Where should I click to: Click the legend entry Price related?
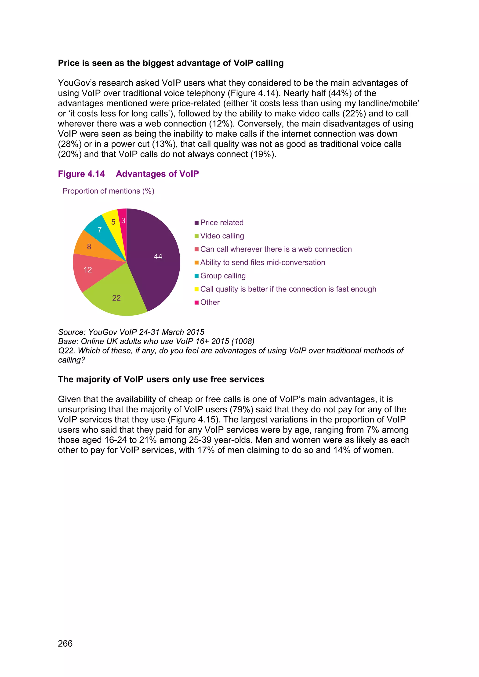221,223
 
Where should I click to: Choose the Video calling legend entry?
222,236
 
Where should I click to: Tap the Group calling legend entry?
223,276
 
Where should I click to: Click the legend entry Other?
210,302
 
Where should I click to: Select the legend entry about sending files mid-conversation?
262,263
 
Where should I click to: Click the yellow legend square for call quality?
196,289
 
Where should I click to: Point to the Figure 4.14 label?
81,174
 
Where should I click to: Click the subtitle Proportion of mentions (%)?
108,191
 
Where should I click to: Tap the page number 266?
65,643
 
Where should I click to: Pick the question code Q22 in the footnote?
65,351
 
